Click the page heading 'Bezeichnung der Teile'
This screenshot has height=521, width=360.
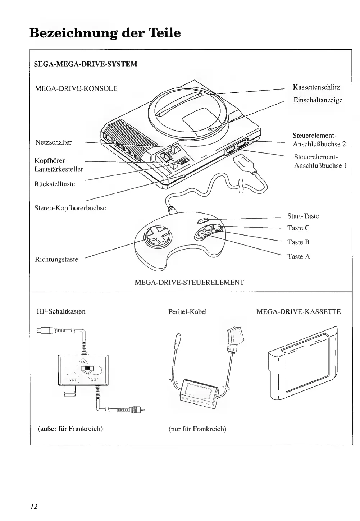pyautogui.click(x=105, y=33)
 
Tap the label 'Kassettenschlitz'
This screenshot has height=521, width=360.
pyautogui.click(x=316, y=87)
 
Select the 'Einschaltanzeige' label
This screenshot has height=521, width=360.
pyautogui.click(x=318, y=100)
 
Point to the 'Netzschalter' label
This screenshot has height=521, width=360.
pyautogui.click(x=54, y=142)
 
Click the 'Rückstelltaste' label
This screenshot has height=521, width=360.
pyautogui.click(x=55, y=184)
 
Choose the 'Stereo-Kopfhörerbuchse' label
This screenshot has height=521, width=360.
pyautogui.click(x=70, y=208)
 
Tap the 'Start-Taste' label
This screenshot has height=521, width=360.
pyautogui.click(x=303, y=216)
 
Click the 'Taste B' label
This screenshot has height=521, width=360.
pyautogui.click(x=298, y=242)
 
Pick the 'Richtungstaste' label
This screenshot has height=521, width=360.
pyautogui.click(x=56, y=260)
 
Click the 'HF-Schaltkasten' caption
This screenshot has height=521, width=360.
pyautogui.click(x=61, y=311)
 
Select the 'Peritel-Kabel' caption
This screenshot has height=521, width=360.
pyautogui.click(x=187, y=312)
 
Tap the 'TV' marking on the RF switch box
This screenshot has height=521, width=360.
pyautogui.click(x=82, y=362)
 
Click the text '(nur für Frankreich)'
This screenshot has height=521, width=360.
pyautogui.click(x=197, y=429)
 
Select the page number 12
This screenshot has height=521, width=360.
pyautogui.click(x=34, y=507)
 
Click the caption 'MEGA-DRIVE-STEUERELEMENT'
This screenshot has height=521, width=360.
pyautogui.click(x=189, y=283)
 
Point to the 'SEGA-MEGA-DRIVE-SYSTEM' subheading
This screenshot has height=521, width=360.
pyautogui.click(x=85, y=65)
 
